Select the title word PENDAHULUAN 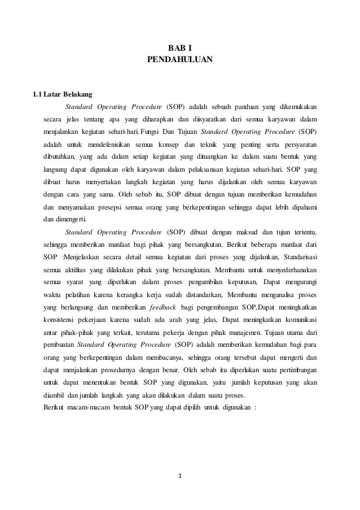(x=179, y=59)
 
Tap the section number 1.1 (x=39, y=93)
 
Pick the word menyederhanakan (x=286, y=269)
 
